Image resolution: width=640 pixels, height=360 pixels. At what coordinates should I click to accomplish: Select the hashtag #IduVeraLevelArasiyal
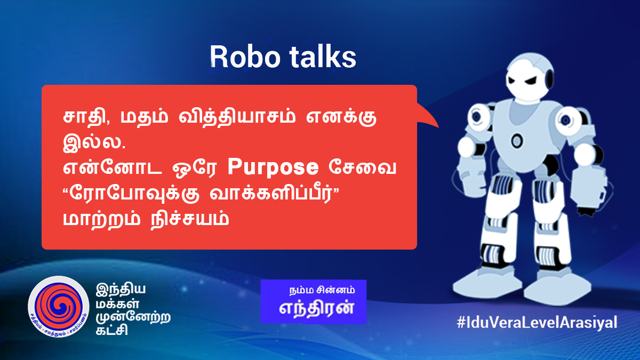[x=537, y=322]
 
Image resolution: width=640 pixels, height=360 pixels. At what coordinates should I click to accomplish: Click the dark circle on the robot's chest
[x=516, y=141]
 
